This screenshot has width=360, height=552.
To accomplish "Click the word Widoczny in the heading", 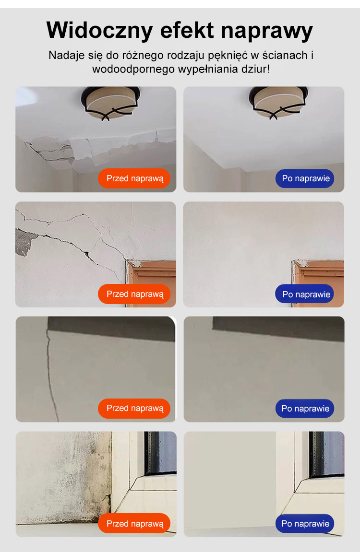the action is tap(100, 30).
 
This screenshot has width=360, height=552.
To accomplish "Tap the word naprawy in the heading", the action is tap(267, 31).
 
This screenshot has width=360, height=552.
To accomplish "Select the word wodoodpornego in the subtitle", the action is tap(134, 69).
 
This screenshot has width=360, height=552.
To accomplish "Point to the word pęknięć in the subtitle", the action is tap(228, 56).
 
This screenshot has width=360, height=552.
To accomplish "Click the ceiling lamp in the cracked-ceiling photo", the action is tap(110, 103).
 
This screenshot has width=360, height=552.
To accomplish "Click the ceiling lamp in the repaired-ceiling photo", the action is tap(278, 103).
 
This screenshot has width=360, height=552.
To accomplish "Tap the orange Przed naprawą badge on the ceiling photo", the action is tap(134, 178).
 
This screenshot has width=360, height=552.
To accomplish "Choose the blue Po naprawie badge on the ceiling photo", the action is tap(305, 178).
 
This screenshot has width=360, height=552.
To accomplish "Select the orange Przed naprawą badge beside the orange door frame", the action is tap(134, 294).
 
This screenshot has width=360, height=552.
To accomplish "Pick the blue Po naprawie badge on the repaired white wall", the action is tap(305, 294).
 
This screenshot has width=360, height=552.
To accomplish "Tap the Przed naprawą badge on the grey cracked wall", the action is tap(134, 409).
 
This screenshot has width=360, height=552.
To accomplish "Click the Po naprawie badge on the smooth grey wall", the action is tap(305, 409).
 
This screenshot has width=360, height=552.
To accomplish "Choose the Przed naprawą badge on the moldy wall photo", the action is tap(134, 524).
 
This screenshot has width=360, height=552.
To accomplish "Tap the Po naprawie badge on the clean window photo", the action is tap(305, 524).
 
